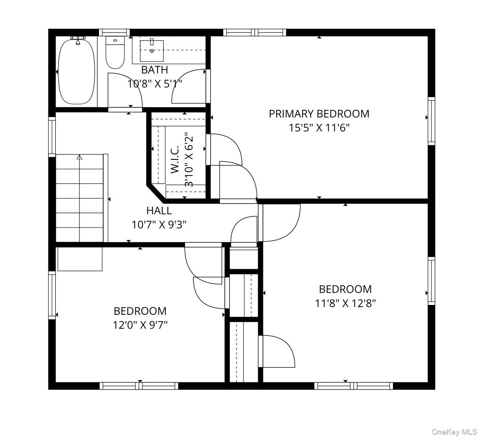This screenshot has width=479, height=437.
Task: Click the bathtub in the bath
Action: [x=76, y=72]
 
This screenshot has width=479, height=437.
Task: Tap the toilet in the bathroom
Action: [x=115, y=52]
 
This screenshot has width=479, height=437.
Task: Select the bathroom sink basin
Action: [x=152, y=51]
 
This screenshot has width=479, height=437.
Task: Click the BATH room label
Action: [x=155, y=70]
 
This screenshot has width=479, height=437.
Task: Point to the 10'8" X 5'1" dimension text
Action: [x=155, y=84]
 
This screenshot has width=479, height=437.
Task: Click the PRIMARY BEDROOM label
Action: [x=319, y=114]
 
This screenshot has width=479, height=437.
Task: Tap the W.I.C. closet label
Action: [x=175, y=159]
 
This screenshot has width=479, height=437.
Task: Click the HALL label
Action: [x=159, y=211]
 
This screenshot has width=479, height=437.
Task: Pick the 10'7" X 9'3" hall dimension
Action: [x=159, y=225]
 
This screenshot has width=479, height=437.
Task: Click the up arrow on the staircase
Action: [x=79, y=157]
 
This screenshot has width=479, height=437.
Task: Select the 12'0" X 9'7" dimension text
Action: [x=140, y=325]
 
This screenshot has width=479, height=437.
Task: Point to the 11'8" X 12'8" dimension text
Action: [x=345, y=303]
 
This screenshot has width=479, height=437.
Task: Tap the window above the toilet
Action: [x=114, y=33]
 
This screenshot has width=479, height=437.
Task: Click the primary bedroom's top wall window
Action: [x=255, y=33]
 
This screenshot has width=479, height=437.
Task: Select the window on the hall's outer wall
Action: [x=52, y=137]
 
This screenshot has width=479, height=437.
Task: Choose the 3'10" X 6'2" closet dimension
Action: [x=189, y=160]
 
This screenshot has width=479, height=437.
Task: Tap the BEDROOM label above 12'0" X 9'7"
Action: [x=140, y=311]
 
